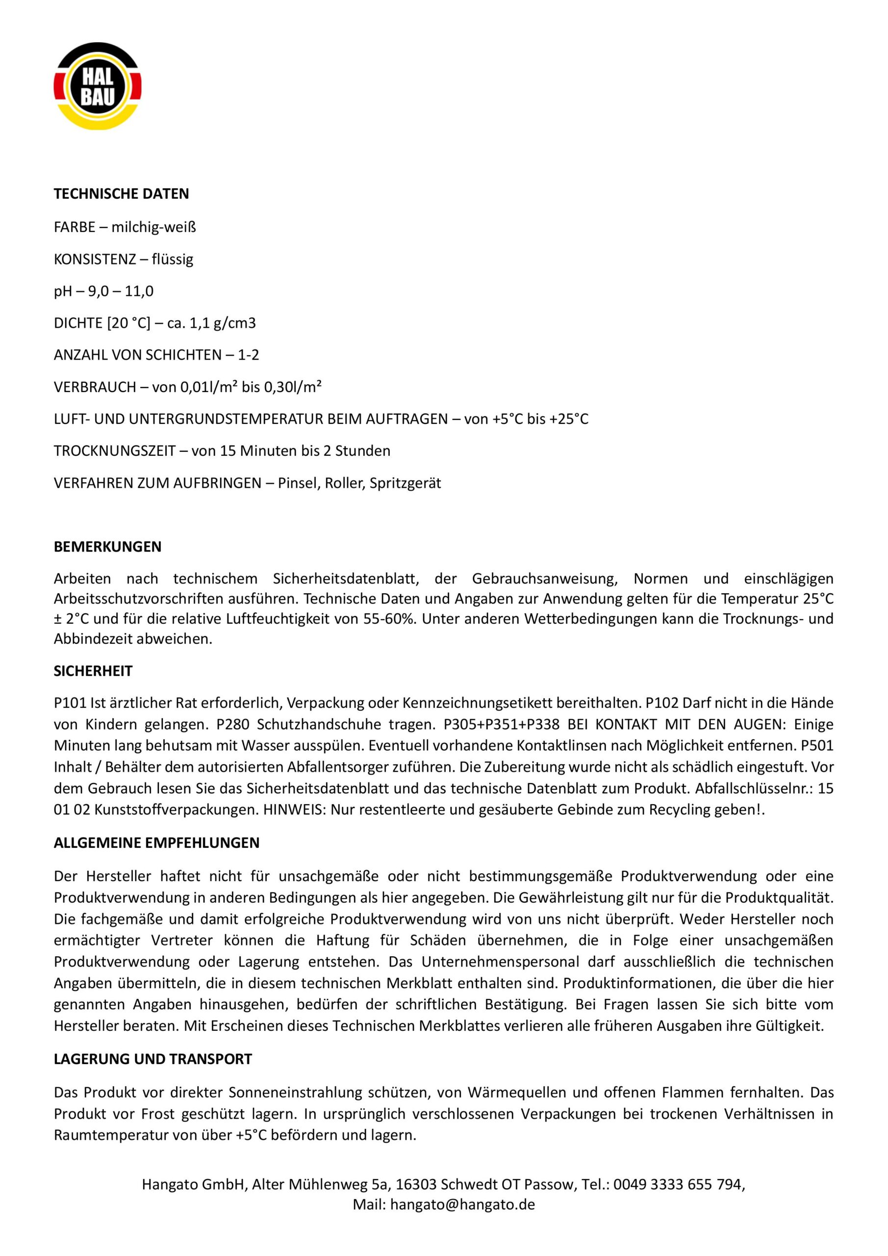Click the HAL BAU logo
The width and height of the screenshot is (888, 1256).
click(x=97, y=86)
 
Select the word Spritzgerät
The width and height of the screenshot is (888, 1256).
click(x=405, y=483)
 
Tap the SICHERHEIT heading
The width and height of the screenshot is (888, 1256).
click(x=93, y=671)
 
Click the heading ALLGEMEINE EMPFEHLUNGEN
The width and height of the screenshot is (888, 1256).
click(x=156, y=842)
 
